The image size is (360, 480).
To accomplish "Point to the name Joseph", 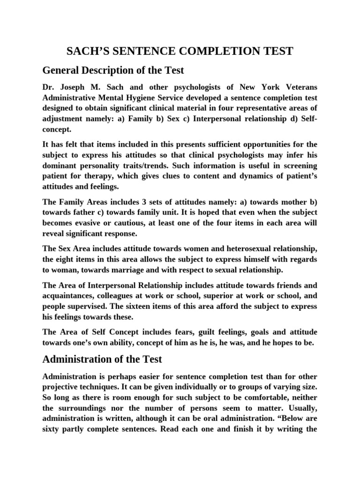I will (75, 88).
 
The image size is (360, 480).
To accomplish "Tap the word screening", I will (295, 166).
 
